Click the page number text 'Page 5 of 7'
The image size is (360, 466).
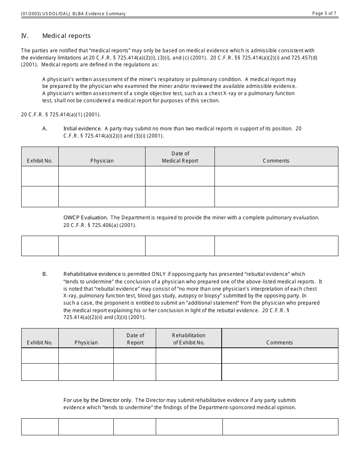(x=324, y=13)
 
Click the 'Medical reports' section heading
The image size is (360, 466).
(x=66, y=36)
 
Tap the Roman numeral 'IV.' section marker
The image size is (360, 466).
(x=25, y=36)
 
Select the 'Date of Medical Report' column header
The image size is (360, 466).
(x=180, y=157)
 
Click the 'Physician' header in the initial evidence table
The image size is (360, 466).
(x=102, y=161)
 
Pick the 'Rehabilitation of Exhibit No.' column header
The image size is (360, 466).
(x=189, y=339)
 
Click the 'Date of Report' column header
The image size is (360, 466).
(x=135, y=339)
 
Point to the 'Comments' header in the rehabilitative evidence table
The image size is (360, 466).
(x=280, y=342)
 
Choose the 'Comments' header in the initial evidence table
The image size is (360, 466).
(x=276, y=161)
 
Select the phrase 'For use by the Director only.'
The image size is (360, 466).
(x=98, y=400)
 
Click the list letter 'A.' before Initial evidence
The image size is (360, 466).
(x=45, y=128)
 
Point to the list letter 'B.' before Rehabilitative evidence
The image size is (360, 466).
(x=45, y=274)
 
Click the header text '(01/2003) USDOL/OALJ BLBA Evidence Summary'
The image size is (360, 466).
(x=73, y=14)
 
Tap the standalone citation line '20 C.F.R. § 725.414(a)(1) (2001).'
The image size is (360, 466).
(x=61, y=114)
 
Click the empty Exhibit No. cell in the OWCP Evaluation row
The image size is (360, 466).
(x=40, y=246)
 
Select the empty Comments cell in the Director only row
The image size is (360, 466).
(x=280, y=427)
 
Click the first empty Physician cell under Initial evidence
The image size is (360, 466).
(x=102, y=176)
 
